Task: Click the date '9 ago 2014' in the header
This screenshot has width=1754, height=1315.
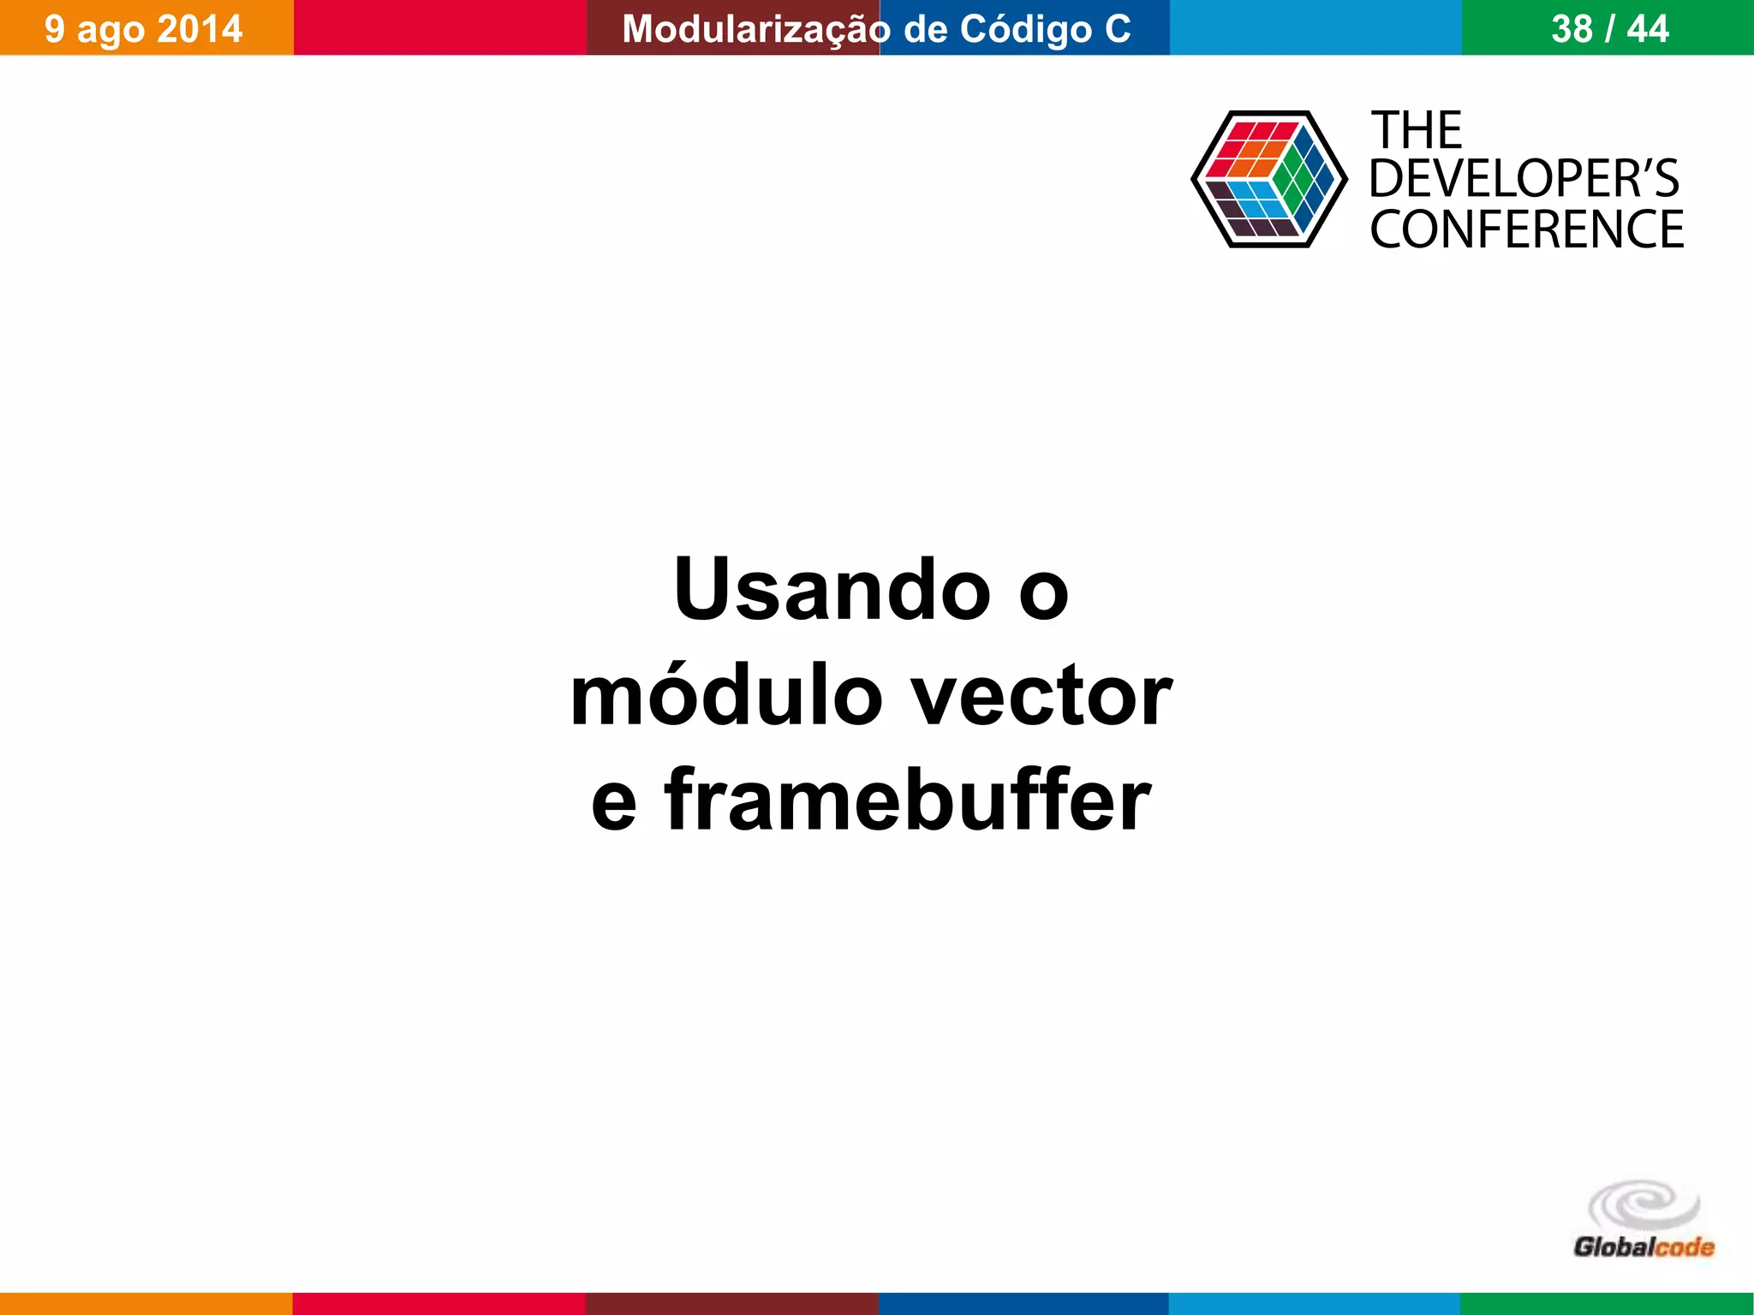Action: point(144,29)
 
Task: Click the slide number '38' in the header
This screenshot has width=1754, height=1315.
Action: point(1572,29)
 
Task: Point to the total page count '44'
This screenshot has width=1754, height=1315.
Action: point(1648,29)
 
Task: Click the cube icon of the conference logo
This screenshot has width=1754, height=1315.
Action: point(1268,179)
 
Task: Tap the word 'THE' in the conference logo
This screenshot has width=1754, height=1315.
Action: point(1417,131)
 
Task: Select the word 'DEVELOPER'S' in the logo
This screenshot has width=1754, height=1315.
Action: point(1524,179)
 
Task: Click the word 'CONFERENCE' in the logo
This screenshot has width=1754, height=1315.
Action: point(1526,229)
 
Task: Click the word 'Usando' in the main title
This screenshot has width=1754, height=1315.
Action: point(832,590)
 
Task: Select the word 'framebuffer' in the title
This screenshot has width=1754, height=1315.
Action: point(908,800)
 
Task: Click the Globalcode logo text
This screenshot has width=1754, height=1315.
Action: point(1644,1247)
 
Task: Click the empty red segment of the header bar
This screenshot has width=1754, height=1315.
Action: point(439,27)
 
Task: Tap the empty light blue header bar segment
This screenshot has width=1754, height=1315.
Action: point(1315,27)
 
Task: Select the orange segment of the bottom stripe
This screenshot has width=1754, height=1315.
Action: point(146,1304)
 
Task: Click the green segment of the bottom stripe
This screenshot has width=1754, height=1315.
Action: point(1607,1304)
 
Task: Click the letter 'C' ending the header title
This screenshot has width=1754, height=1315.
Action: point(1117,29)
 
